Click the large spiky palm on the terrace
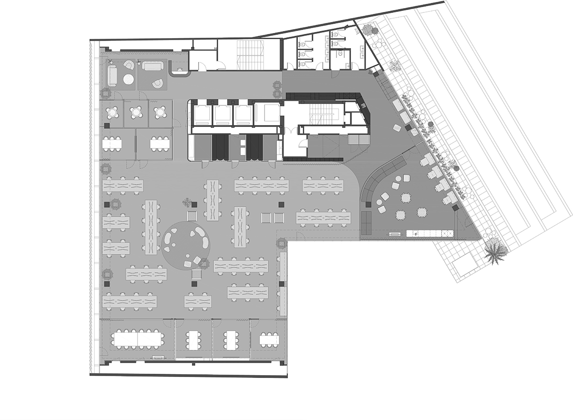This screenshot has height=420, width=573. click(494, 252)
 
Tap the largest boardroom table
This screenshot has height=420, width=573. click(138, 339)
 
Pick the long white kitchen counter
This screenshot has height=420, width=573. click(429, 233)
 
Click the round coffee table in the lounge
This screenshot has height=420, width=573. click(128, 80)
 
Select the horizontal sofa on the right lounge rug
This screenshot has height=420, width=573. click(152, 66)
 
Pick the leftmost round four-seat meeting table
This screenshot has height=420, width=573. click(113, 113)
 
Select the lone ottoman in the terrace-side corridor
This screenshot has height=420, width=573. click(397, 128)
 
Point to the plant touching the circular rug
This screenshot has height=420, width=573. click(204, 262)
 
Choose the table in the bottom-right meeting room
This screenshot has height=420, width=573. click(269, 340)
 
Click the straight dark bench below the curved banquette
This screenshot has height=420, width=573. click(367, 221)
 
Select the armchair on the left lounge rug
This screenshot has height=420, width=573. click(129, 66)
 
